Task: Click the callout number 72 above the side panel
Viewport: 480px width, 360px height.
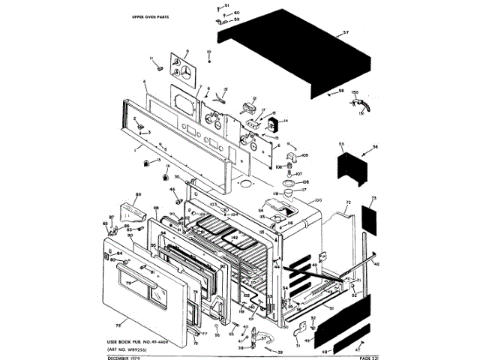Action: (x=348, y=203)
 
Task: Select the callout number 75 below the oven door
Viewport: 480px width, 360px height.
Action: (x=118, y=326)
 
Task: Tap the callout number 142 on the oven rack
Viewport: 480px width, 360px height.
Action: (x=235, y=238)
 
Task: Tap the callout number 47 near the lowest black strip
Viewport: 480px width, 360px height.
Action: (x=358, y=349)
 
